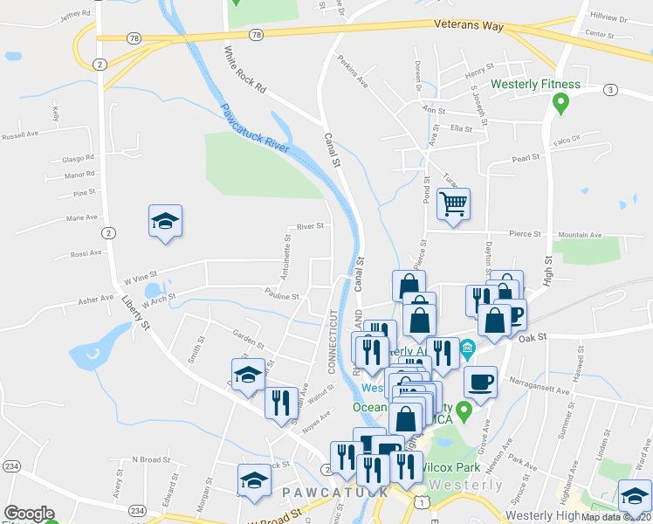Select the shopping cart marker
tap(454, 205)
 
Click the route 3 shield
tap(610, 90)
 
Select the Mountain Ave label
tap(581, 235)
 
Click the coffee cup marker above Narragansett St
tap(479, 381)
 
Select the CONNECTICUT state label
tap(333, 341)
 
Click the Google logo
tap(29, 514)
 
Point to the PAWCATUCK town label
tap(335, 493)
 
